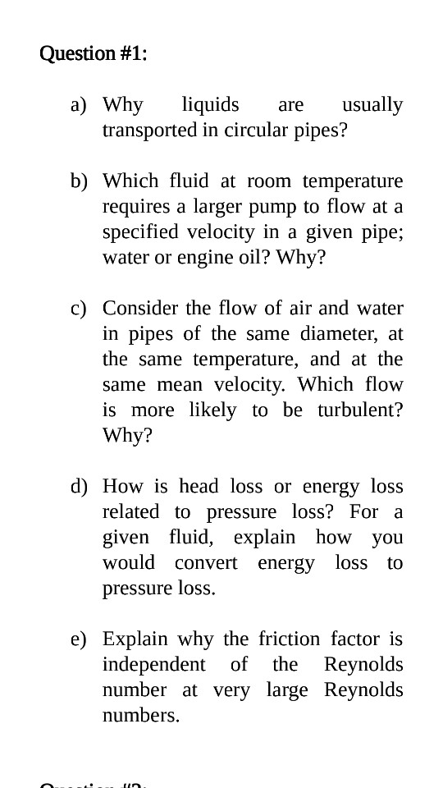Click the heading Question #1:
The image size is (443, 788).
[94, 54]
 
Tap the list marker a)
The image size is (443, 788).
[79, 105]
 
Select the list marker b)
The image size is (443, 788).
[79, 181]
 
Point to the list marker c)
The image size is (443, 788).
[79, 309]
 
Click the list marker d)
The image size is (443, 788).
[79, 487]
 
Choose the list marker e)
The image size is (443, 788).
[79, 639]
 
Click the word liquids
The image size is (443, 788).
[210, 105]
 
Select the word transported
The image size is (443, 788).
[149, 131]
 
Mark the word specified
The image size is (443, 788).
[139, 232]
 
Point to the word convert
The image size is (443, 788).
[206, 563]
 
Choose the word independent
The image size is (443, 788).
[153, 665]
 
